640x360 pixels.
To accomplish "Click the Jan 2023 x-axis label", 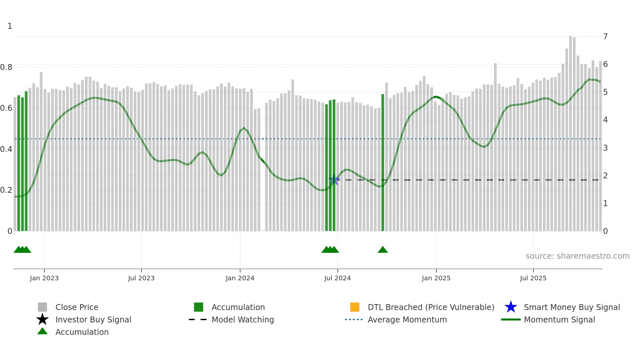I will coord(44,278).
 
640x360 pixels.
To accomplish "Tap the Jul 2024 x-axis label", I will coord(337,278).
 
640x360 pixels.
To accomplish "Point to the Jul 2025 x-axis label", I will coord(533,278).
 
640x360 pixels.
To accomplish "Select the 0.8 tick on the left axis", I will coord(6,67).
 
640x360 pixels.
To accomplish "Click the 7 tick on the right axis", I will coord(605,36).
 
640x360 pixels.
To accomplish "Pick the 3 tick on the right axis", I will coord(605,148).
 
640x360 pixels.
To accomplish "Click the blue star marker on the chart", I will coord(334,180).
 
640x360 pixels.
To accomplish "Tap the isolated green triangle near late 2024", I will coord(383,250).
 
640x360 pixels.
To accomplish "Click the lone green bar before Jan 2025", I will coord(383,163).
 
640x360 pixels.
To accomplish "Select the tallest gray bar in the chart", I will coord(570,131).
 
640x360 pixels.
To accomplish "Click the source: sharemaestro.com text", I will coord(577,256).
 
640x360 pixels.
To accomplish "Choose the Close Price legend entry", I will coord(77,307).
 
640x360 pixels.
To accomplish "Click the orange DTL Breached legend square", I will coord(355,307).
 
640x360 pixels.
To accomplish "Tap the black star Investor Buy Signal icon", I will coord(42,319).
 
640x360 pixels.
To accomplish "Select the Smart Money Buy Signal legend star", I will coord(511,307).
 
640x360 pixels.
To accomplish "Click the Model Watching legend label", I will coord(243,319).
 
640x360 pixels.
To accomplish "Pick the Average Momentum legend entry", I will coord(407,319).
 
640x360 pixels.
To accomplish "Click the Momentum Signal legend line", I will coord(511,319).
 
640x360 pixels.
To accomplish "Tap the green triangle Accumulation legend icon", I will coord(42,331).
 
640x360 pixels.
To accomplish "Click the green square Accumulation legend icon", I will coord(199,307).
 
